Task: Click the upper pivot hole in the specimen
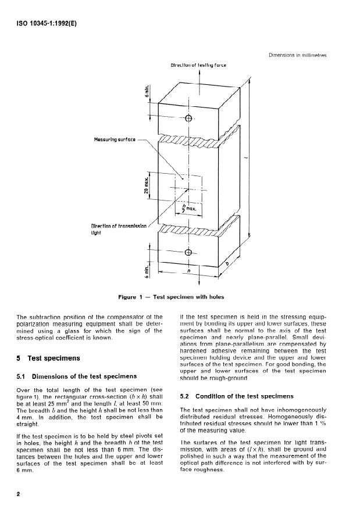click(188, 119)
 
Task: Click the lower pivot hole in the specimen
click(188, 252)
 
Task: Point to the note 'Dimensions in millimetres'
click(297, 55)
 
